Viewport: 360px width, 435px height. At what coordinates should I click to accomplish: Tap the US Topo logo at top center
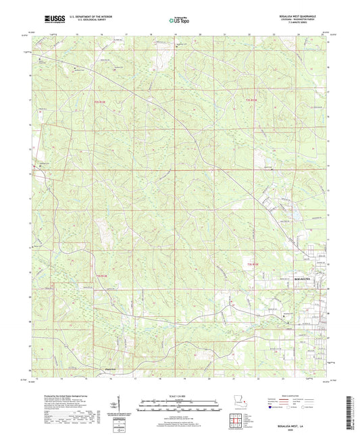click(179, 20)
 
